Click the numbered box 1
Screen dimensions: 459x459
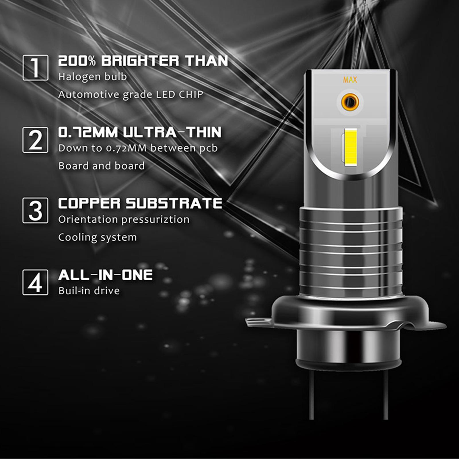[x=35, y=68]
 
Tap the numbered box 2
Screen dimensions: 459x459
[x=35, y=140]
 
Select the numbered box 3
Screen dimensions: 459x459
[x=35, y=210]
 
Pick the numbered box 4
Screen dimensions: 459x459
[x=35, y=282]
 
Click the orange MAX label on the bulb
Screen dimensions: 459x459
[x=350, y=80]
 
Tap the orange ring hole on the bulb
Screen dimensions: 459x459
[x=350, y=102]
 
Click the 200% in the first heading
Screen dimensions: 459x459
[x=77, y=61]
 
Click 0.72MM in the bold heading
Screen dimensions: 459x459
[x=88, y=132]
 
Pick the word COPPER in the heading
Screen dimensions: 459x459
[x=89, y=203]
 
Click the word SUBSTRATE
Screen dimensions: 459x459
[x=174, y=203]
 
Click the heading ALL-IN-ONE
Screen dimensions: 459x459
[x=105, y=275]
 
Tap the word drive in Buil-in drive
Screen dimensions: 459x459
[x=108, y=291]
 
